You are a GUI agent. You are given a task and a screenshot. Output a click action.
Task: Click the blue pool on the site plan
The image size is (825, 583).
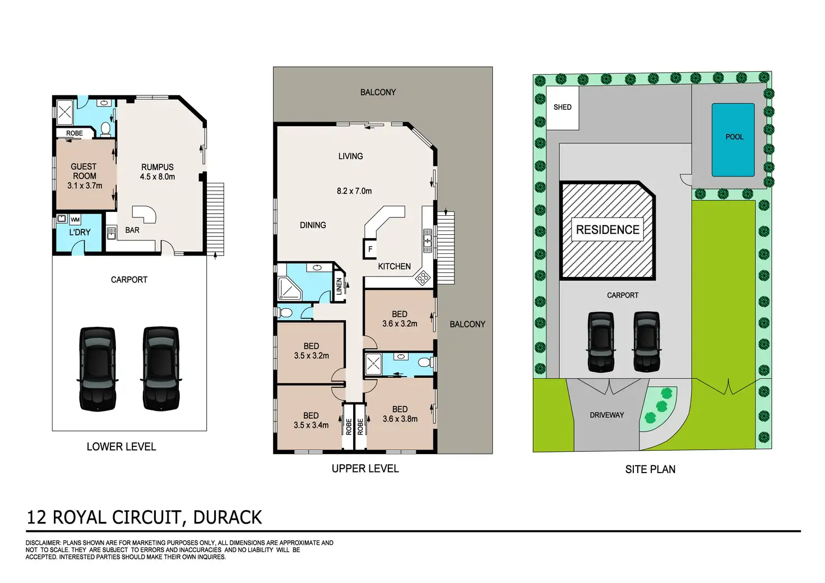pos(733,140)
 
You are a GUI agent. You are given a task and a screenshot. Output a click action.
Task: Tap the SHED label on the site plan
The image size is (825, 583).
pos(562,107)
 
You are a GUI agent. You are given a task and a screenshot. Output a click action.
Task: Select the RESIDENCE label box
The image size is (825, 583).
pos(608,230)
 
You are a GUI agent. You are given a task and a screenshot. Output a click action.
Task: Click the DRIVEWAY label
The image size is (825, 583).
pos(606,415)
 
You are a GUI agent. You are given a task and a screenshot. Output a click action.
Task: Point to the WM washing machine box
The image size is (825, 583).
pos(75,219)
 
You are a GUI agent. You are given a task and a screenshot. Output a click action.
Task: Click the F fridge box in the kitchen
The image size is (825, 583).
pos(370,249)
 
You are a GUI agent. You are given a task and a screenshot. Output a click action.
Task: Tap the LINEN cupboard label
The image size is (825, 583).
pos(339,286)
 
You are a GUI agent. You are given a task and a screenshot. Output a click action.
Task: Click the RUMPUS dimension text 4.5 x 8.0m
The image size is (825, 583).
pos(157,177)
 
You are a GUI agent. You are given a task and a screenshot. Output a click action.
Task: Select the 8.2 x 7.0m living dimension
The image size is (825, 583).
pos(354,191)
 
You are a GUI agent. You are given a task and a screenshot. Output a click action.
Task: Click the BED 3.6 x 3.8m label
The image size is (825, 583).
pos(400,414)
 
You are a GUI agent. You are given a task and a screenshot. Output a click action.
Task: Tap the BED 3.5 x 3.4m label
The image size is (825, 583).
pos(311,420)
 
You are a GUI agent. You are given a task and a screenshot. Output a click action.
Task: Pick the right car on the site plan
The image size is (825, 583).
pos(646,341)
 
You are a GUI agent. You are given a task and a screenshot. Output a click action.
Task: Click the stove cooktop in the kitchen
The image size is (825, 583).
pos(422,277)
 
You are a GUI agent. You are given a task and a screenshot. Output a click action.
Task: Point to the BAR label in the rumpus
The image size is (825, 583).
pos(132,230)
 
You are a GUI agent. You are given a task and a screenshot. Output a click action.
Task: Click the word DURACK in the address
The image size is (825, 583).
pos(227,517)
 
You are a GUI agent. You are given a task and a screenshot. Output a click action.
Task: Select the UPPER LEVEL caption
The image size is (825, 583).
pos(365,469)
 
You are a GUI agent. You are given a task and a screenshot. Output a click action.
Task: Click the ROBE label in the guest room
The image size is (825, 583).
pos(75,133)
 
